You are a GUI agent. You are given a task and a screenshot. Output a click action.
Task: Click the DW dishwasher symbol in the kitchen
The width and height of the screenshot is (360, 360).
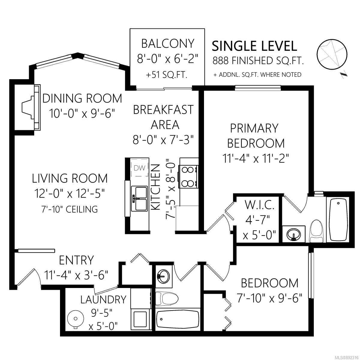(139, 168)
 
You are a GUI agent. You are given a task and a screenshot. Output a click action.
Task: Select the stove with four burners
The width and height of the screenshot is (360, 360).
(188, 177)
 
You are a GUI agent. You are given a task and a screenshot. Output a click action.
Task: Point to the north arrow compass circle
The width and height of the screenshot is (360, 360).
(332, 54)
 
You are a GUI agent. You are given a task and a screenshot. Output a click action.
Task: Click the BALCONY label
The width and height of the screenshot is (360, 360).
(168, 43)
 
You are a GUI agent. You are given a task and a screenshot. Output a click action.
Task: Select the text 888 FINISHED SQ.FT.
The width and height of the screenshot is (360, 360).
(258, 61)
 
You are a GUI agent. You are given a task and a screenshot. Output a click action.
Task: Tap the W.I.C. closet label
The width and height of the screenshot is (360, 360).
(259, 205)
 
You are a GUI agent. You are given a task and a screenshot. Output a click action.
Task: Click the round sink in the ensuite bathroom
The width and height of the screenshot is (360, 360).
(294, 234)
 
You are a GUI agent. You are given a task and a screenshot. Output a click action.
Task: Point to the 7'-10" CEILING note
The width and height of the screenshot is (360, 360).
(70, 209)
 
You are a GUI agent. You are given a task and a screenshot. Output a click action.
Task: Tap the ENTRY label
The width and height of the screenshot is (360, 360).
(76, 260)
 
